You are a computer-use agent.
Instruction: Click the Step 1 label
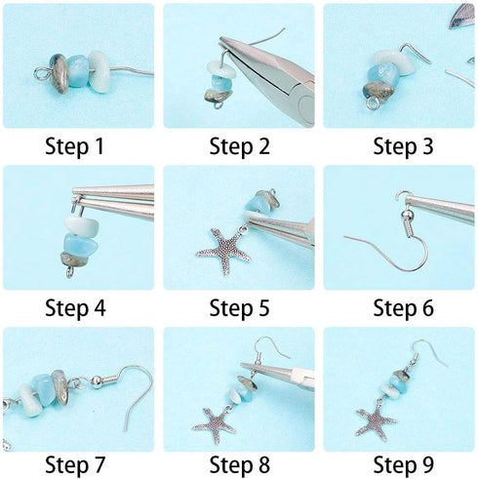point(78,147)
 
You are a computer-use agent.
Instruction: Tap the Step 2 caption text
point(239,147)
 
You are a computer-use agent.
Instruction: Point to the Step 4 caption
point(78,309)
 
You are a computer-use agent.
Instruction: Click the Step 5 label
point(239,309)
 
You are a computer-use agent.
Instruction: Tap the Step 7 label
point(78,463)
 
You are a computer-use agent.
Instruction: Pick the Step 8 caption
point(239,463)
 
